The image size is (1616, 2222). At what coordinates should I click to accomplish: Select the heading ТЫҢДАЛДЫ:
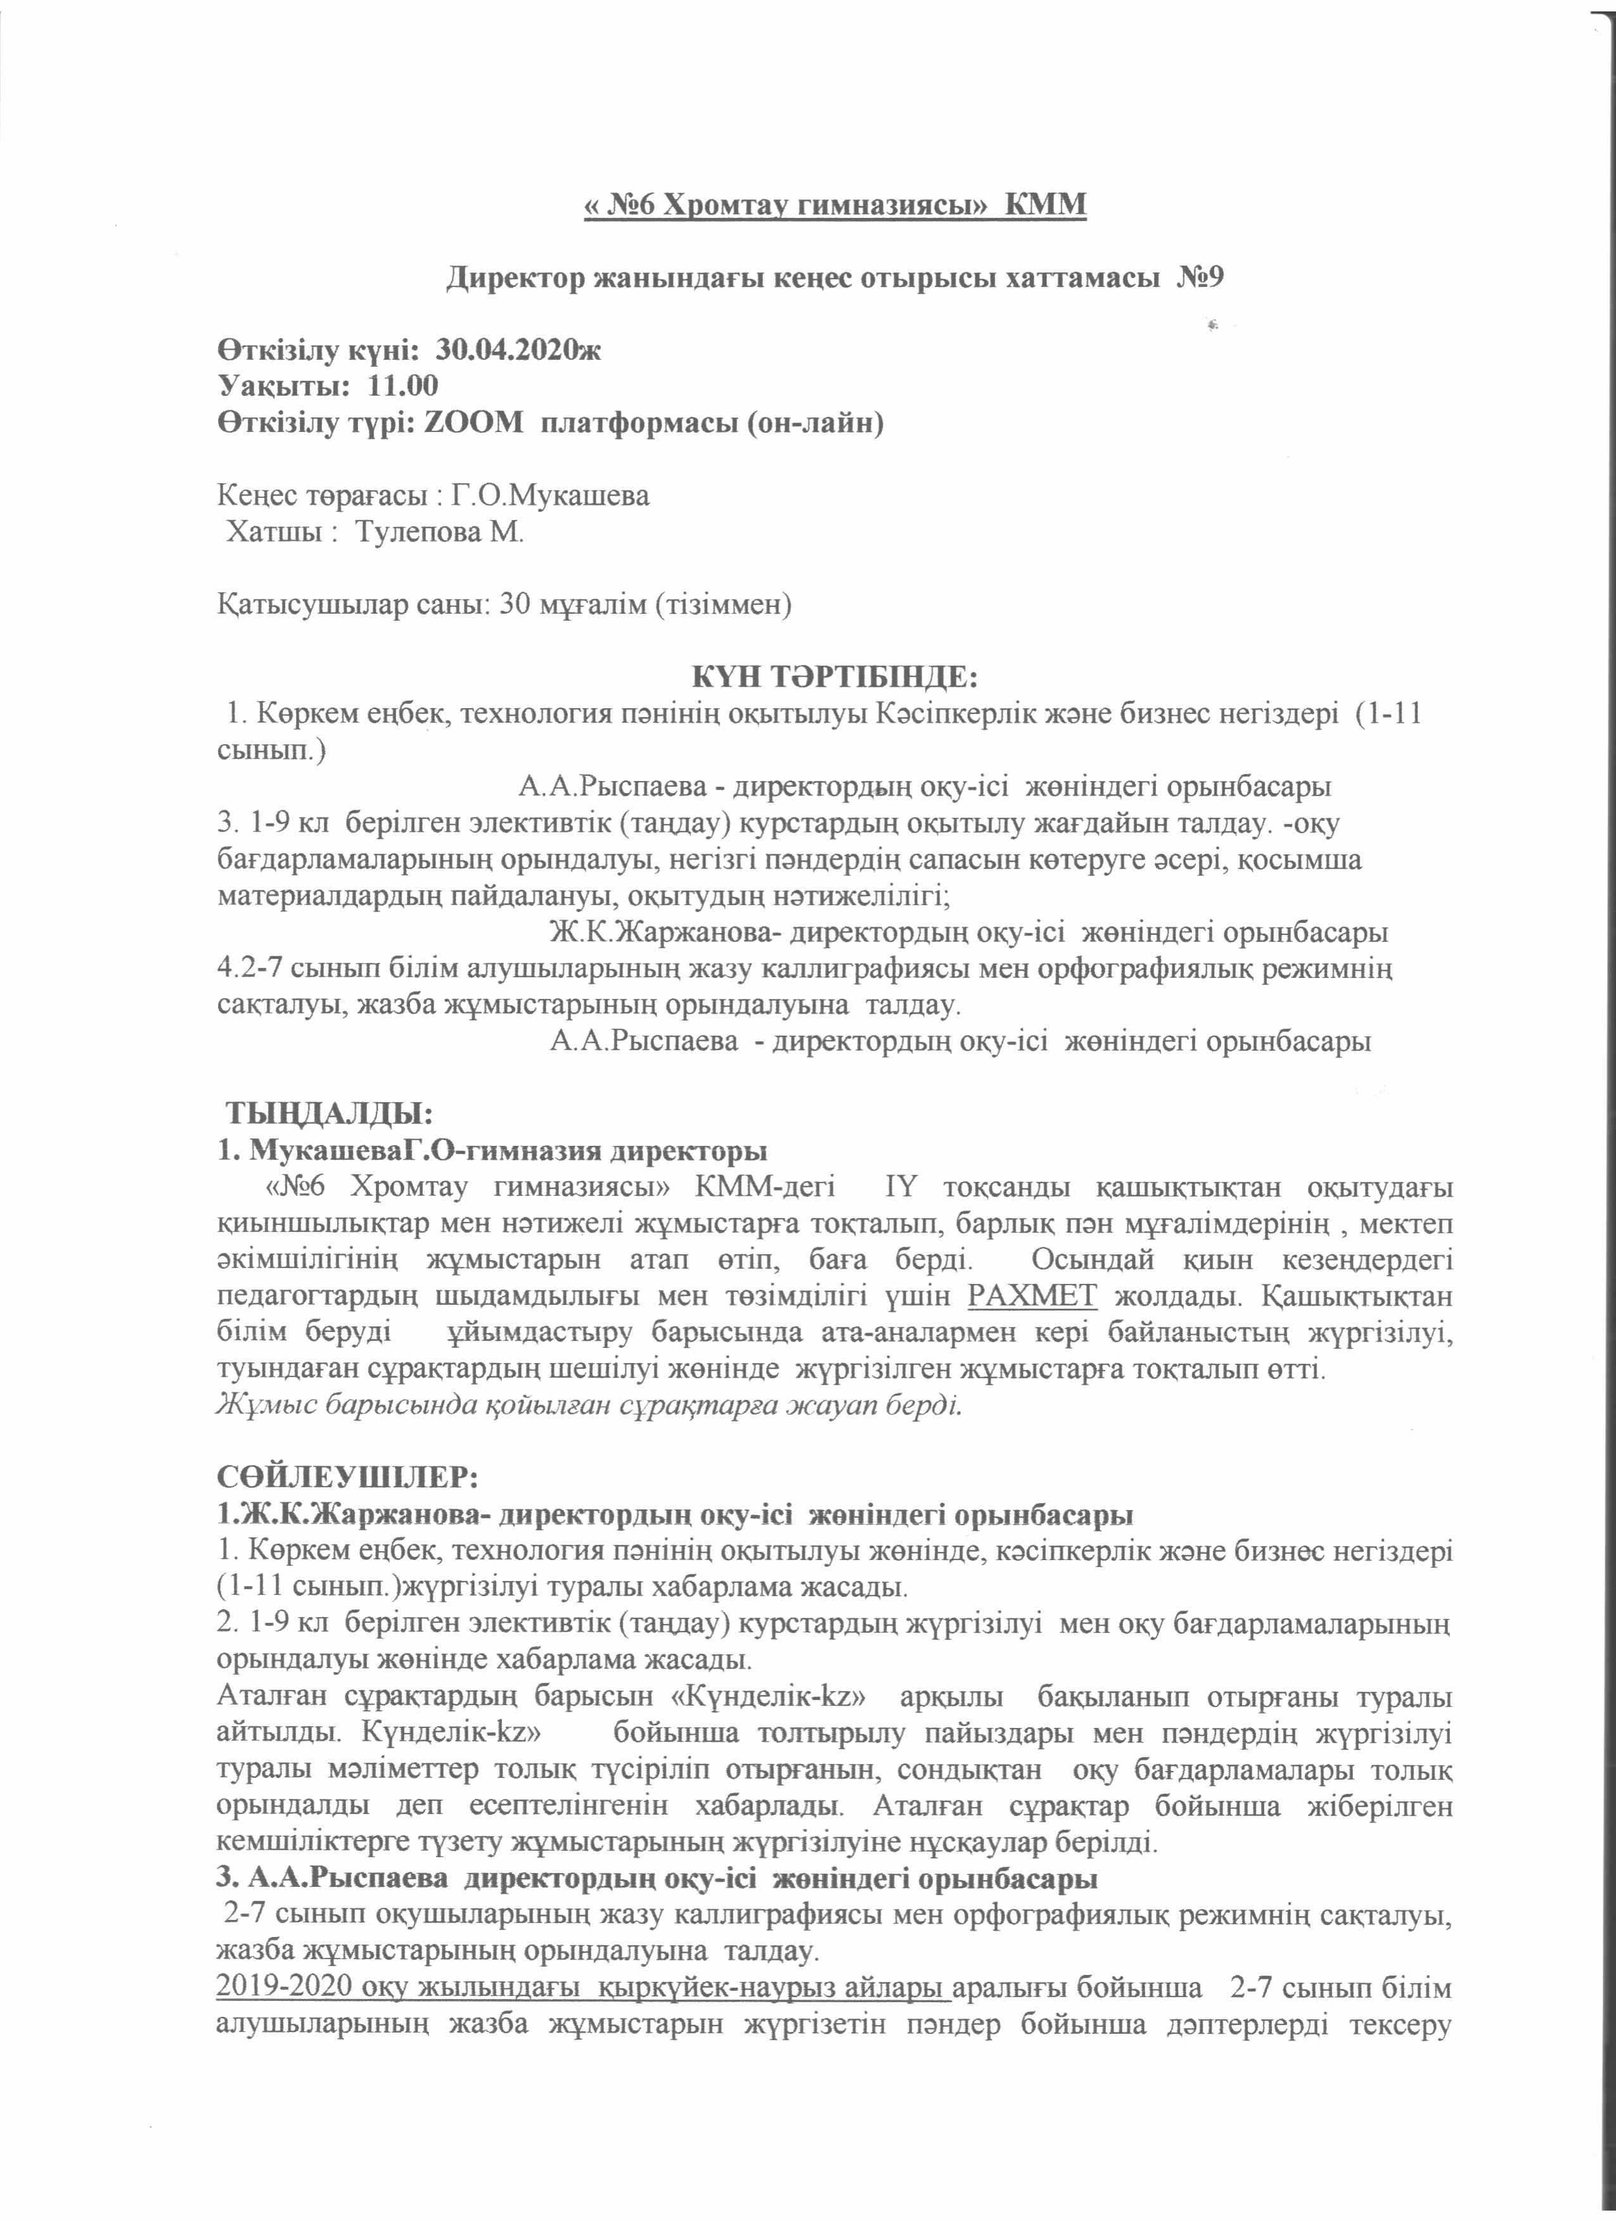click(x=330, y=1114)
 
